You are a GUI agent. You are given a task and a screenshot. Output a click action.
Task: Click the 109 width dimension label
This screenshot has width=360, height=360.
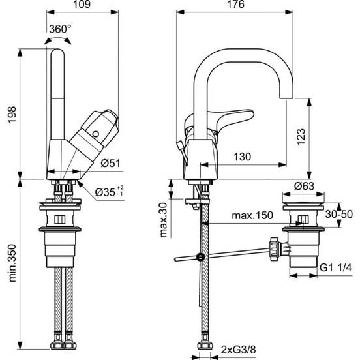click(82, 5)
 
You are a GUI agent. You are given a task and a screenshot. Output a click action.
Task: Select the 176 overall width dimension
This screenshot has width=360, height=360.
click(235, 5)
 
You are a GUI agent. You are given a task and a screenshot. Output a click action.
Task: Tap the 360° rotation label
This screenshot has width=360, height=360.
click(60, 29)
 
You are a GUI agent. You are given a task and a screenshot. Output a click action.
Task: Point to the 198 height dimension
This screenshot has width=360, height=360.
click(12, 115)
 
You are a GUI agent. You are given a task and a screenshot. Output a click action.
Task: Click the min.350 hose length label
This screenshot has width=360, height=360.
click(12, 263)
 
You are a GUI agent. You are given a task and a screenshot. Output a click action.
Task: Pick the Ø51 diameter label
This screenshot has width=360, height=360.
click(111, 163)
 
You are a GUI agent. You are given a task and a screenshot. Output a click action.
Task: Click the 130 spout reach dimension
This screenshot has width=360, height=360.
click(243, 157)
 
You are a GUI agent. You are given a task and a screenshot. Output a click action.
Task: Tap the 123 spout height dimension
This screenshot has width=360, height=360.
click(301, 137)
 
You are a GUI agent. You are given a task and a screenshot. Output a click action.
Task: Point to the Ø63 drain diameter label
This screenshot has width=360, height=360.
click(304, 187)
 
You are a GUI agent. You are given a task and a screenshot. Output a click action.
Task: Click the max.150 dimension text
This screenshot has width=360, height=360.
click(252, 215)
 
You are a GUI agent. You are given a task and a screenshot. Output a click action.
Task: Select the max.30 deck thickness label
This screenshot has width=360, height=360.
click(164, 220)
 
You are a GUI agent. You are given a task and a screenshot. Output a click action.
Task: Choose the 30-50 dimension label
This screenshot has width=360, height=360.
click(339, 214)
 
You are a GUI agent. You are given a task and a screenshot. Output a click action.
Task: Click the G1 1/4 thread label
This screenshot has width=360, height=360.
click(336, 267)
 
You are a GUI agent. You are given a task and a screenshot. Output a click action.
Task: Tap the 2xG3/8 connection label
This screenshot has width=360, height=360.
click(238, 350)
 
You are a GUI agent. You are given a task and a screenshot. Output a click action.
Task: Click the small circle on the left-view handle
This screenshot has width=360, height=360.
click(95, 134)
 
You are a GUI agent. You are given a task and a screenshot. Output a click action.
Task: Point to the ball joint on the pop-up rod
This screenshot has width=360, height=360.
click(201, 256)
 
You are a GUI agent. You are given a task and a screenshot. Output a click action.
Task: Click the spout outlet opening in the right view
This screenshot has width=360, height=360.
click(286, 98)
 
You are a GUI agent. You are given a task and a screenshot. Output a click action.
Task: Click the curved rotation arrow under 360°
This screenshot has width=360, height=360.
click(57, 40)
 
